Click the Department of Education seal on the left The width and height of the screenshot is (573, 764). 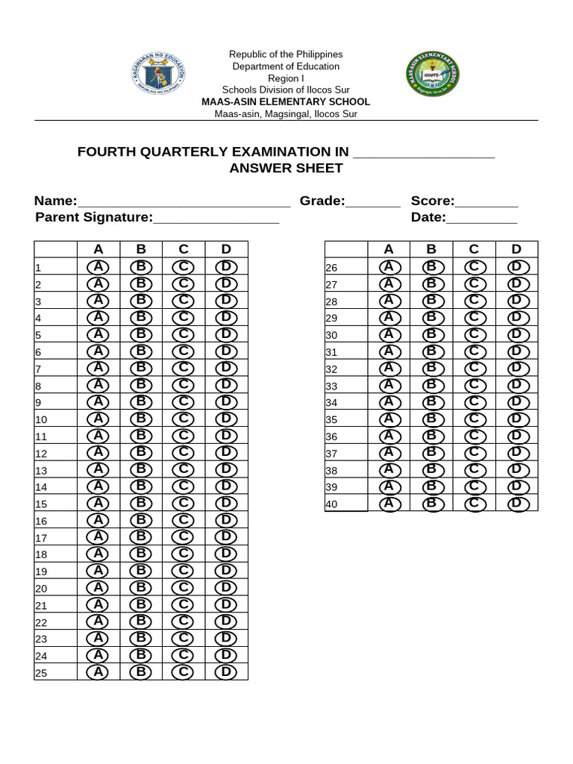click(x=158, y=76)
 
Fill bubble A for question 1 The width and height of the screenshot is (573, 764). click(x=98, y=267)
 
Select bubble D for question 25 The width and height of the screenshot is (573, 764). click(x=226, y=671)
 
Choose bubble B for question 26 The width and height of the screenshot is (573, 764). click(x=430, y=267)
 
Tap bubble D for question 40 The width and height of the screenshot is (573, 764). click(x=516, y=504)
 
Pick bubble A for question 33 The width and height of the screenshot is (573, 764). click(x=389, y=386)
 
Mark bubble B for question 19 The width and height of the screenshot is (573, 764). click(x=141, y=571)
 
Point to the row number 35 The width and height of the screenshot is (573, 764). click(x=332, y=419)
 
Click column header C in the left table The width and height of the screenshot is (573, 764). click(x=184, y=249)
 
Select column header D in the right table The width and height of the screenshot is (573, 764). click(x=516, y=249)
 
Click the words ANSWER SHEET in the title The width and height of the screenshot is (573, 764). click(x=286, y=168)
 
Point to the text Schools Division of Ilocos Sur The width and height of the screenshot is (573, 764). click(x=286, y=90)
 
